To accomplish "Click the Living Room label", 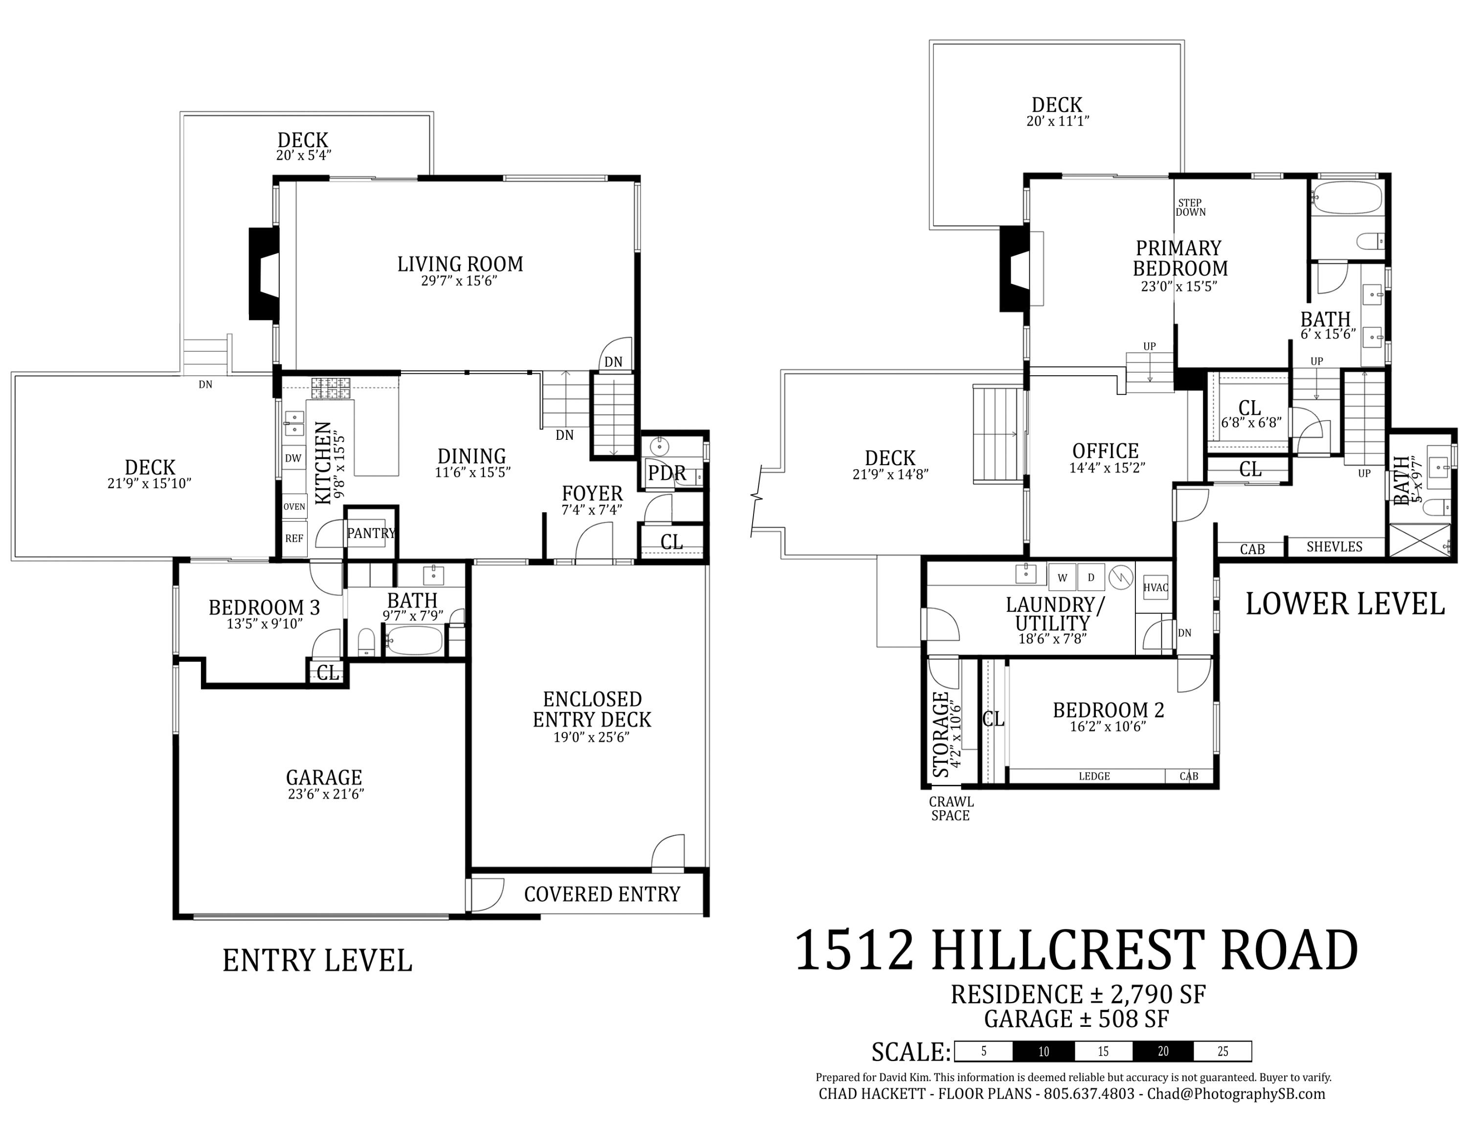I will point(460,264).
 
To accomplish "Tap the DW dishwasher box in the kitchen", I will point(293,458).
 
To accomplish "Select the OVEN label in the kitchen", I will point(294,506).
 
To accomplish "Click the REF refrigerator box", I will point(293,538).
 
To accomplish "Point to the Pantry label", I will point(371,533).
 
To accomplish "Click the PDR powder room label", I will point(667,473).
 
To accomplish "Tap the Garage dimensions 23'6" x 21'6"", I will point(325,794).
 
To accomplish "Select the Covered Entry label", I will point(602,894).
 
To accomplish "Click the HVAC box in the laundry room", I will point(1156,587).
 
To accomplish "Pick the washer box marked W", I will point(1062,577).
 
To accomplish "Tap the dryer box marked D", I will point(1091,577).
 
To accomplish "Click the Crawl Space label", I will point(951,808).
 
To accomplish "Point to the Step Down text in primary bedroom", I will point(1190,207).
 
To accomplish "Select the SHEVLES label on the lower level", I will point(1334,547).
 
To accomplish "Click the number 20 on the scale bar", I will point(1163,1051).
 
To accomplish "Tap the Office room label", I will point(1105,451).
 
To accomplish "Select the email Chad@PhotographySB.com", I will point(1236,1094).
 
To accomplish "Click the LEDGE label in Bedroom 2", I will point(1094,776).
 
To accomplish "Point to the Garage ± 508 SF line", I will point(1077,1019).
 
